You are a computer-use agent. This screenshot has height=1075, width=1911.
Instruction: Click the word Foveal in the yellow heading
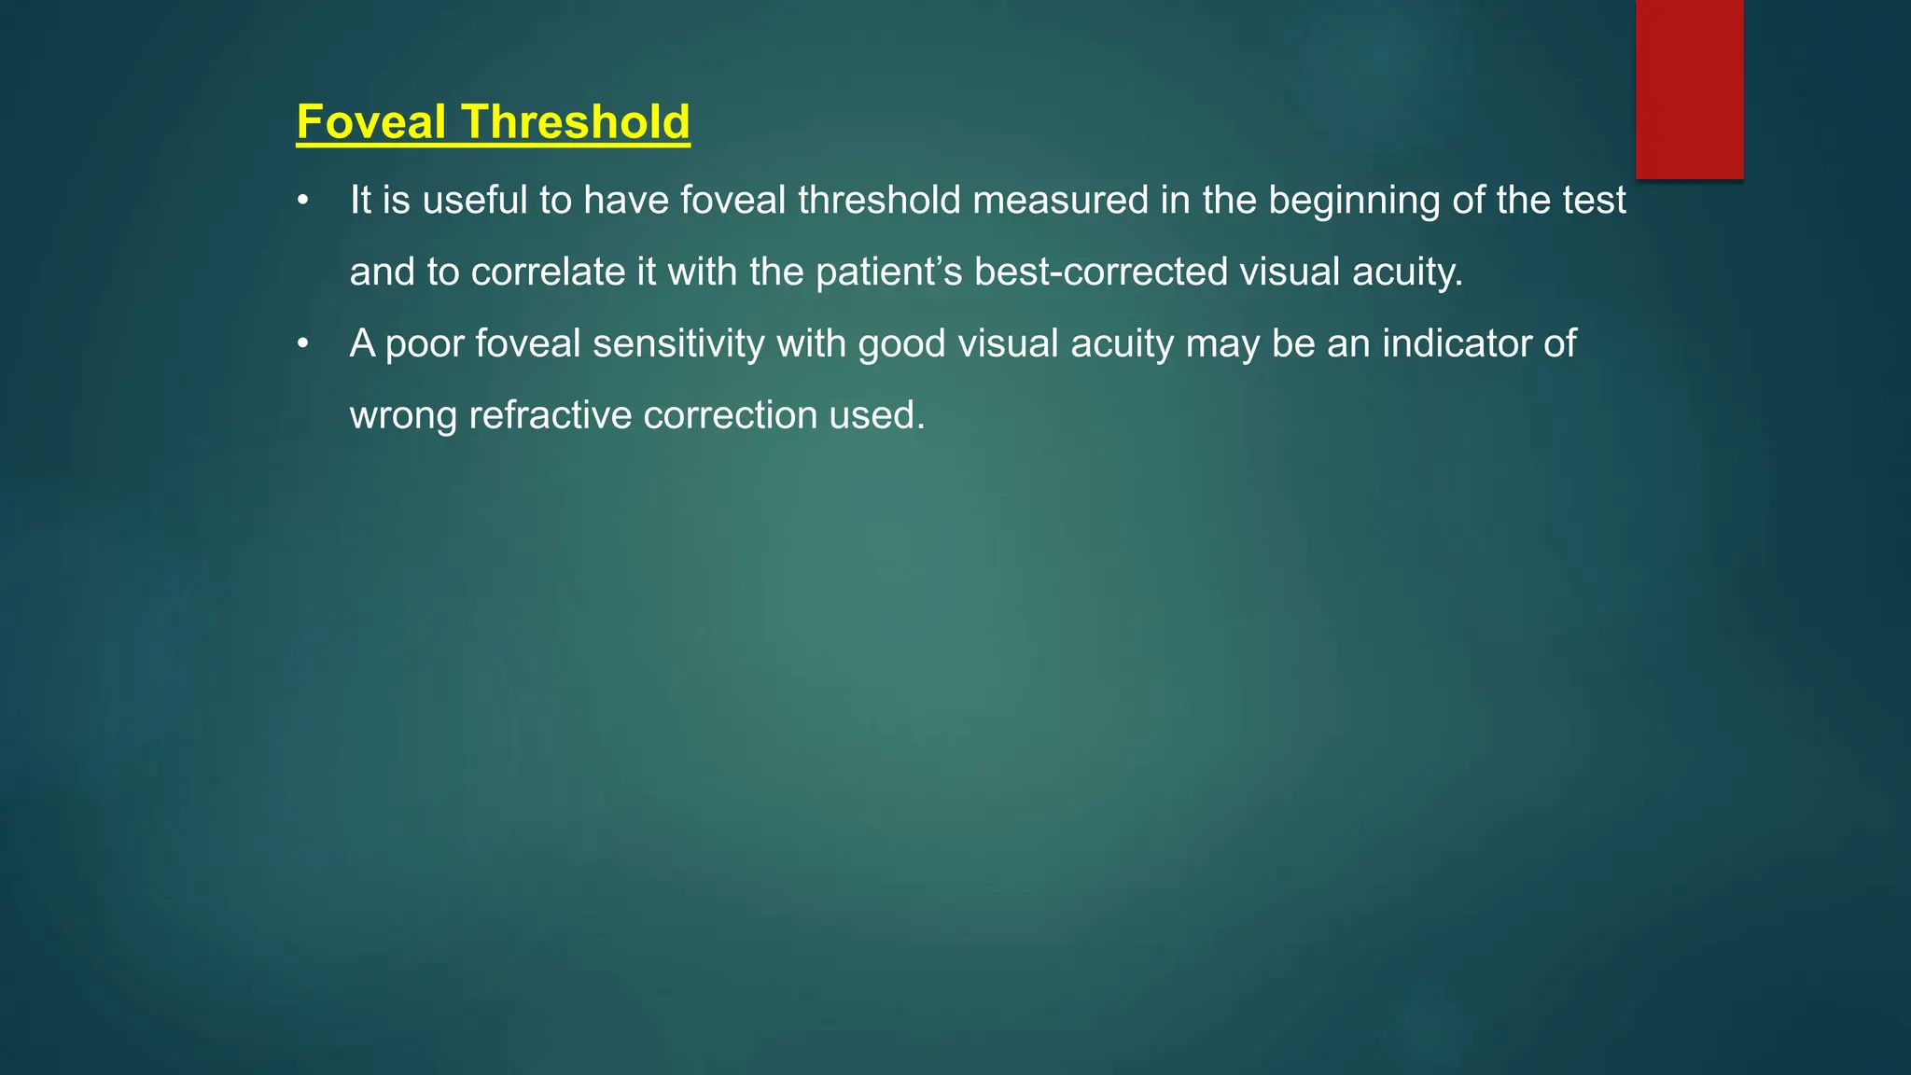370,122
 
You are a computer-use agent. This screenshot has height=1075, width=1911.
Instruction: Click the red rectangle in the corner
1689,89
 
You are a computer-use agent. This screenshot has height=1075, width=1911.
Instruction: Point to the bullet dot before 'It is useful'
302,201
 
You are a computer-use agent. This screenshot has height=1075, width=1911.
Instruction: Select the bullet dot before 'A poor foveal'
302,344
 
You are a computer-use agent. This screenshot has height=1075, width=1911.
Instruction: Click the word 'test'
1595,201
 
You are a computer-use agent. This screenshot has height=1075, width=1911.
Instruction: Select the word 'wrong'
403,416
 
